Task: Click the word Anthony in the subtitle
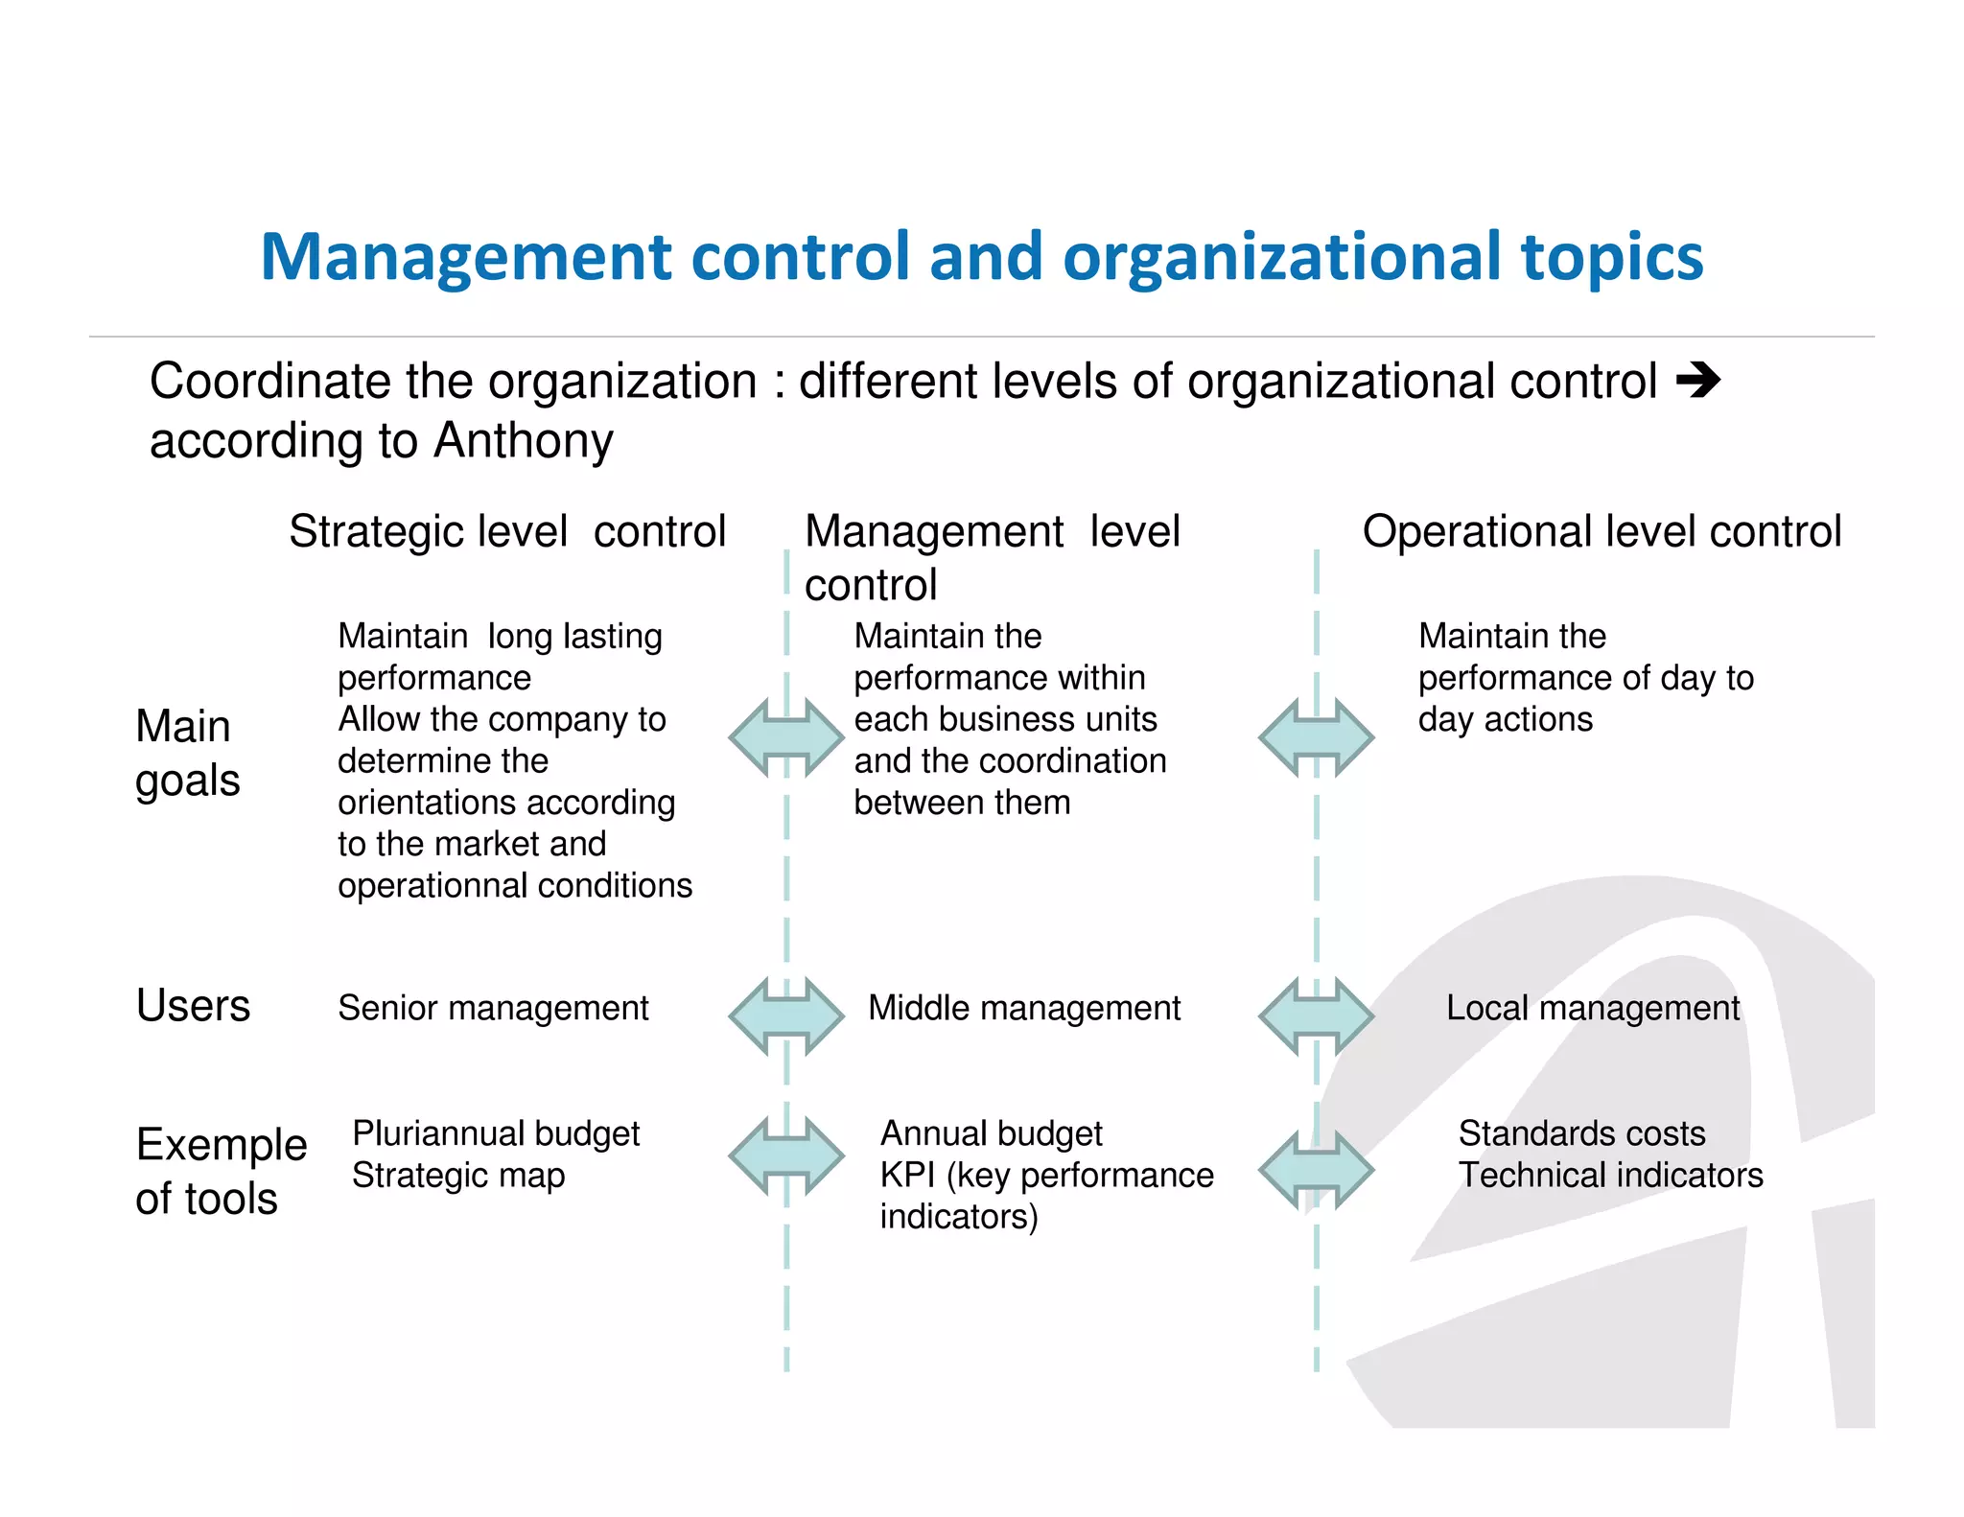pos(523,441)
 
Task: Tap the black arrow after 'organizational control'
pos(1698,381)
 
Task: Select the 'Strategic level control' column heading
pos(507,531)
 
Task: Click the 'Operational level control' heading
pos(1602,531)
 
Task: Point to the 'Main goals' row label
pos(187,753)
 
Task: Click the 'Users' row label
pos(193,1006)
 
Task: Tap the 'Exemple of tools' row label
pos(221,1171)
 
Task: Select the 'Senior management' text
pos(493,1008)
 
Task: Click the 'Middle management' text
pos(1024,1008)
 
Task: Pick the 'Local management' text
pos(1592,1008)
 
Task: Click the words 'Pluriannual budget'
pos(496,1133)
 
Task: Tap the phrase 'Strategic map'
pos(458,1176)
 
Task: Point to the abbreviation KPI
pos(906,1176)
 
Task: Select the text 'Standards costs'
pos(1581,1133)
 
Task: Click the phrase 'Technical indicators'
pos(1610,1176)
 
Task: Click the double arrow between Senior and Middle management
pos(786,1016)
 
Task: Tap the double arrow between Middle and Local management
pos(1316,1016)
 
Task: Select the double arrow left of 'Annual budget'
pos(786,1155)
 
